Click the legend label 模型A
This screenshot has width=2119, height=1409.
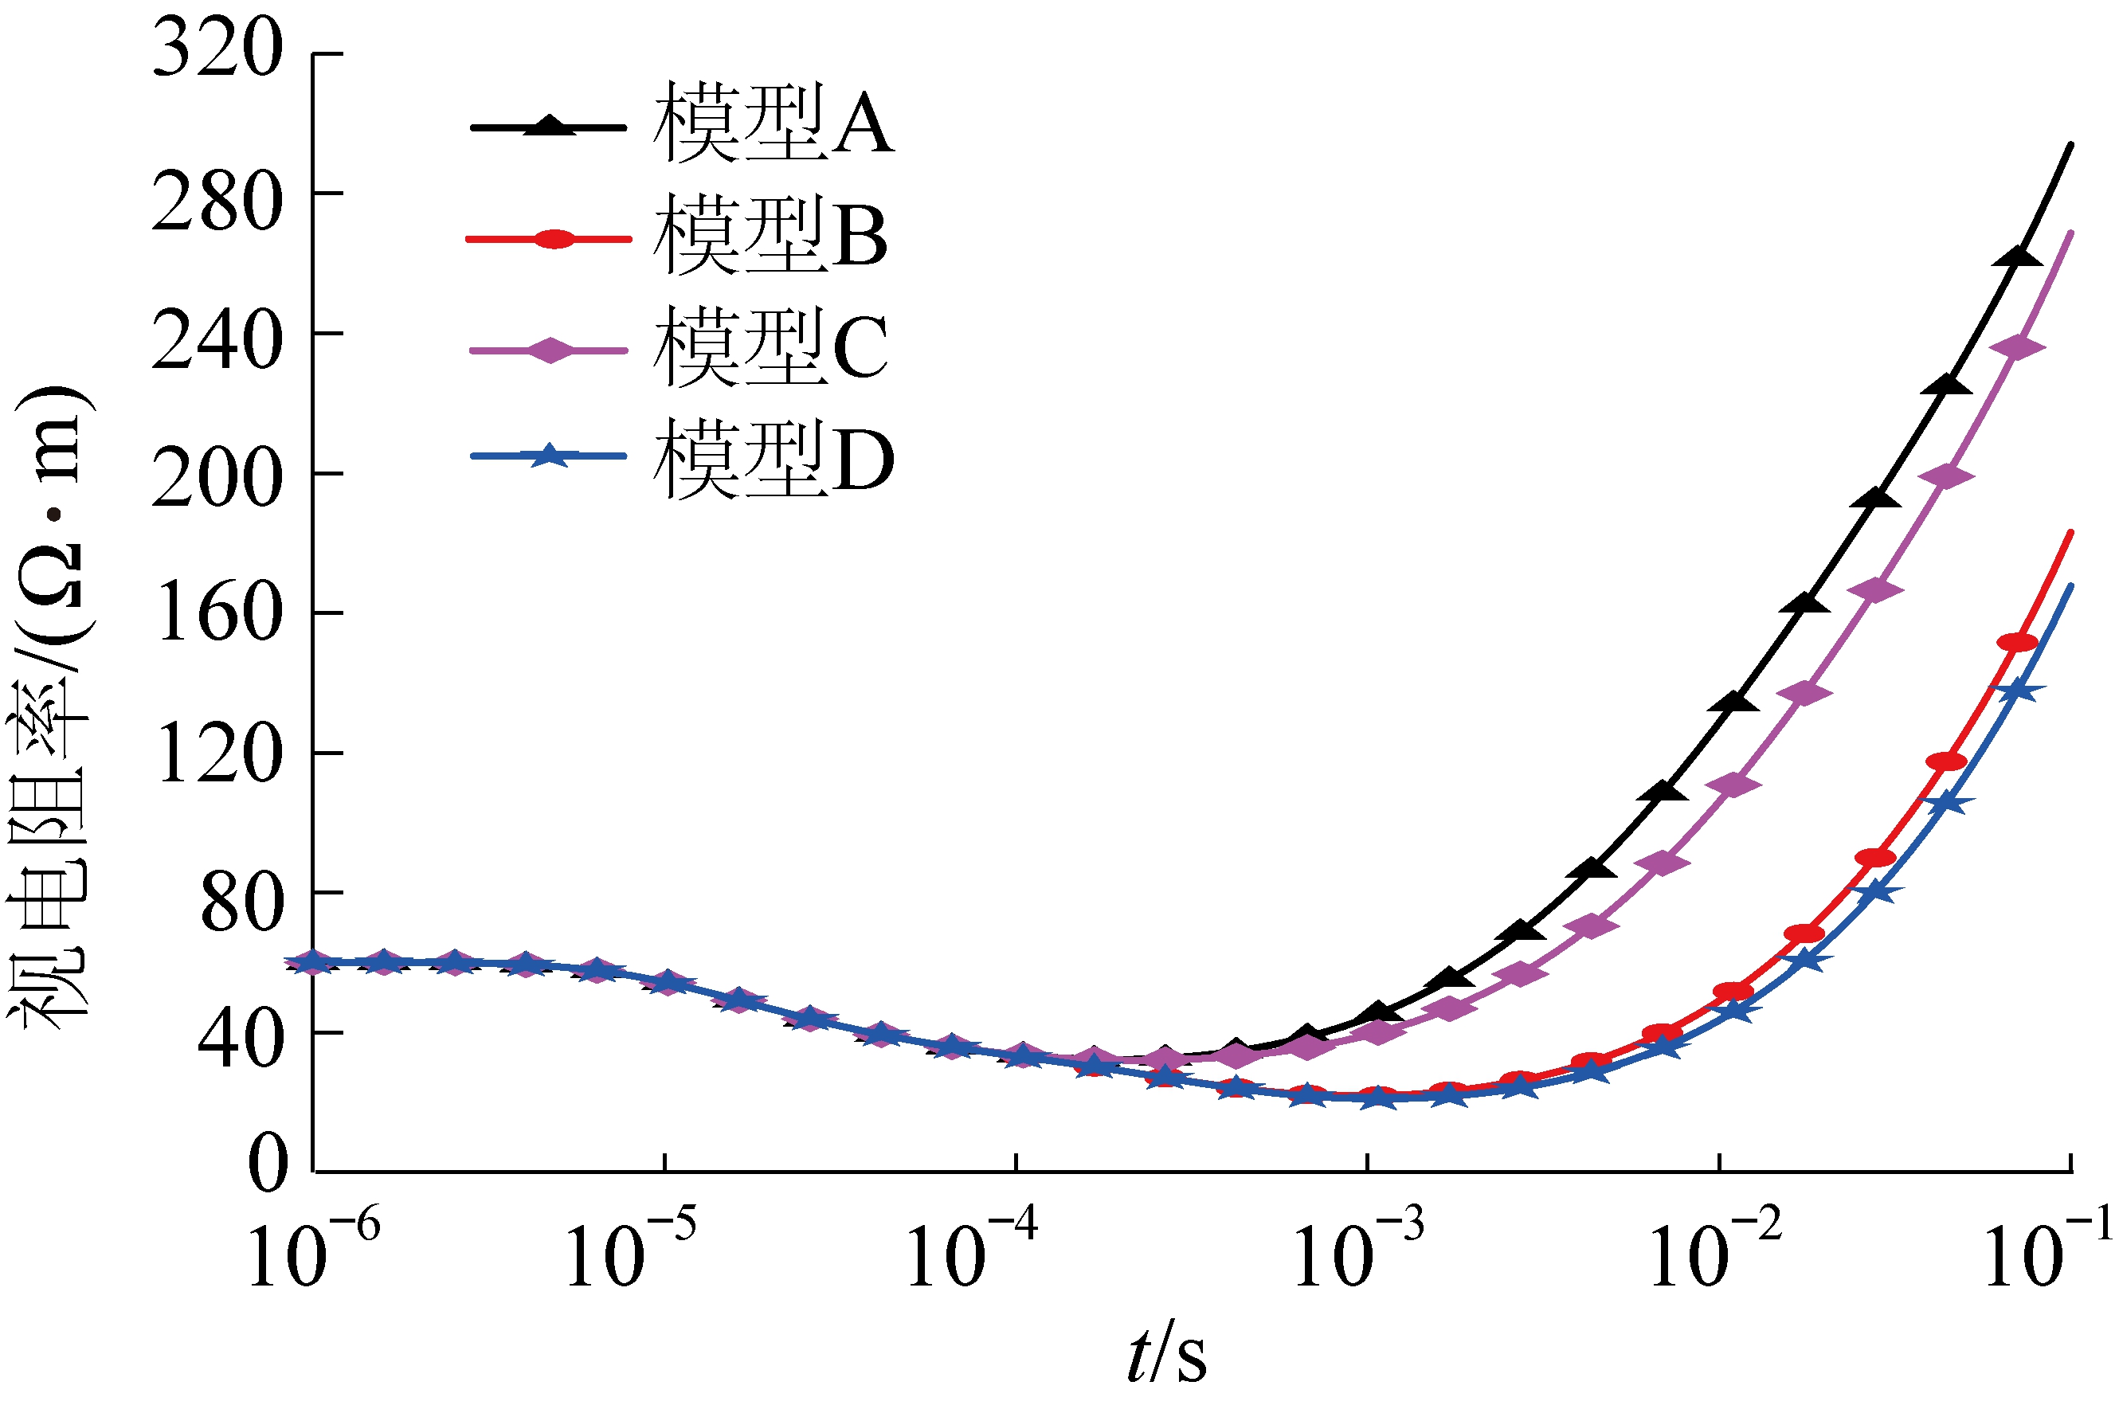773,123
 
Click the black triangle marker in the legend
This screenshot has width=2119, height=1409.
549,125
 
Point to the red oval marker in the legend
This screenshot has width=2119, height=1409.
554,238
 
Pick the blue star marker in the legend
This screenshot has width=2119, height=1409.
550,456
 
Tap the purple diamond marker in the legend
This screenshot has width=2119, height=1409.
549,350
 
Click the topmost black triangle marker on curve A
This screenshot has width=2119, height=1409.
2015,256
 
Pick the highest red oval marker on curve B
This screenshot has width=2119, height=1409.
2016,643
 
